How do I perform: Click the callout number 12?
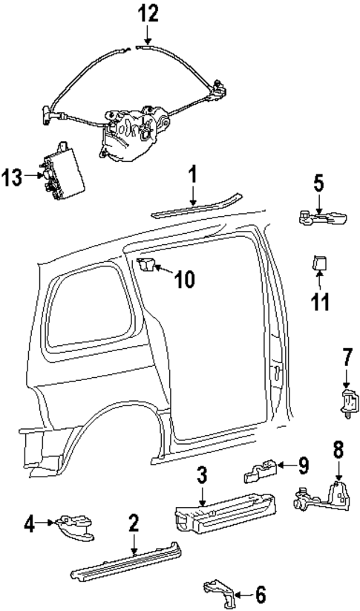click(x=147, y=14)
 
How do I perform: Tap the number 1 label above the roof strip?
click(x=192, y=176)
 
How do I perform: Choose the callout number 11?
click(x=321, y=303)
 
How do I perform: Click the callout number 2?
click(x=134, y=523)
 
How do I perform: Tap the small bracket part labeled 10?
click(x=147, y=265)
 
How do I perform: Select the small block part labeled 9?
click(x=261, y=468)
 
